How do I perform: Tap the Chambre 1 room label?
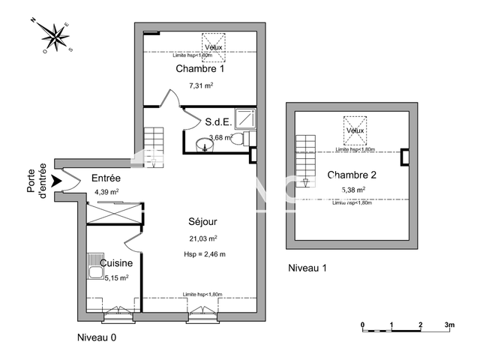[x=200, y=69]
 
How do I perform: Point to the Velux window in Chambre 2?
[x=355, y=127]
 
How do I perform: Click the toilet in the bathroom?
[x=239, y=139]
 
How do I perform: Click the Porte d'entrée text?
[x=37, y=181]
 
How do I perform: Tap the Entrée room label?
[x=106, y=178]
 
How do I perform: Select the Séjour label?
[x=202, y=223]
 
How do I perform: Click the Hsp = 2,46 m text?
[x=205, y=254]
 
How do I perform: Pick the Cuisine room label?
[x=117, y=263]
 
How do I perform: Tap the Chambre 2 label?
[x=352, y=175]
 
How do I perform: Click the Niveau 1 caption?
[x=307, y=268]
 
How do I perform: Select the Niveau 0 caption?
[x=97, y=337]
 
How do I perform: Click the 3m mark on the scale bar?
[x=449, y=325]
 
